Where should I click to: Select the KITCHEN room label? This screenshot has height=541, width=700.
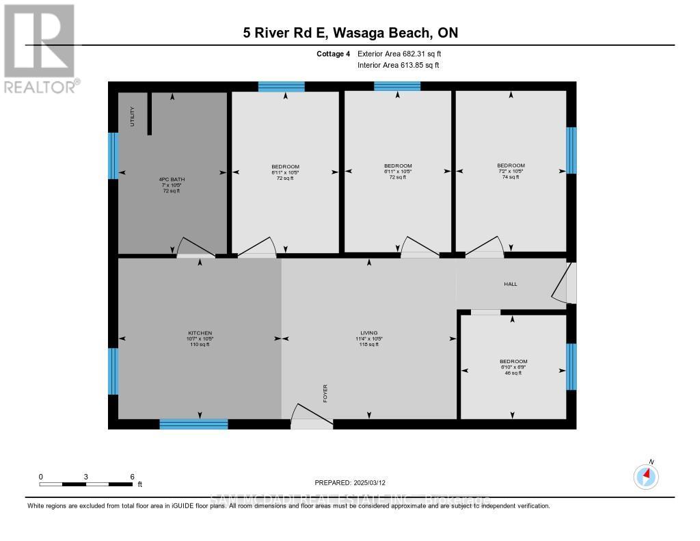pos(200,339)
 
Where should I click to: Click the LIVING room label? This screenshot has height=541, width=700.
pos(369,339)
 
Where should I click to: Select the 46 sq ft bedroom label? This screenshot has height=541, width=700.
pos(513,367)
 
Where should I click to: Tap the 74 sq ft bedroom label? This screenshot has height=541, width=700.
pos(511,171)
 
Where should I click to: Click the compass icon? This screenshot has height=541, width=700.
pos(646,475)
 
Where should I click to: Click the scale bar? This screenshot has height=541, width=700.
pos(86,484)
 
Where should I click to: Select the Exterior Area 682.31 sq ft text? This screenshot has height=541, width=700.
pos(404,53)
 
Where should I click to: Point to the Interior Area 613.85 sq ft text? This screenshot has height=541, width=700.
pos(398,65)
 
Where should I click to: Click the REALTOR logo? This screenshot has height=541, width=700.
pos(40,48)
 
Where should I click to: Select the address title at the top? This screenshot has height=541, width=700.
pos(350,33)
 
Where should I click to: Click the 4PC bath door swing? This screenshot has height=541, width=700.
pos(196,248)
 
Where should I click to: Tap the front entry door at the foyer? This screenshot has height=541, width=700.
pos(312,418)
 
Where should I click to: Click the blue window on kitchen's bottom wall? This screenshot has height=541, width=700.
pos(193,424)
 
